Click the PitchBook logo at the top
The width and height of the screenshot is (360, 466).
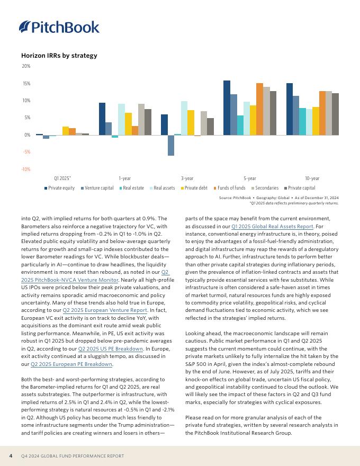tap(59, 26)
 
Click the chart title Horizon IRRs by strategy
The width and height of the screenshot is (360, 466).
tap(59, 56)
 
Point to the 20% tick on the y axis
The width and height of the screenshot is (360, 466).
tap(26, 66)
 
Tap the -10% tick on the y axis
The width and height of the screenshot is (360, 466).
tap(25, 169)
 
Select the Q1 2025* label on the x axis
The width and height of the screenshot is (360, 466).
tap(62, 178)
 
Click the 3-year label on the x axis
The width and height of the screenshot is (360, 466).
tap(187, 178)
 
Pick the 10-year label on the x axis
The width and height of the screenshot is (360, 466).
tap(312, 178)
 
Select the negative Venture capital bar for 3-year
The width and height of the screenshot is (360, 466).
tap(171, 145)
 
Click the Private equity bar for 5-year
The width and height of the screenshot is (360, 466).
tap(227, 107)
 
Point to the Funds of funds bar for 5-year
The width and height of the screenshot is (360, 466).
tap(259, 109)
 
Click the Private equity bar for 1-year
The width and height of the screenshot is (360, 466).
tap(102, 119)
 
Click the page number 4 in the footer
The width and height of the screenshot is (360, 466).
tap(11, 456)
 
